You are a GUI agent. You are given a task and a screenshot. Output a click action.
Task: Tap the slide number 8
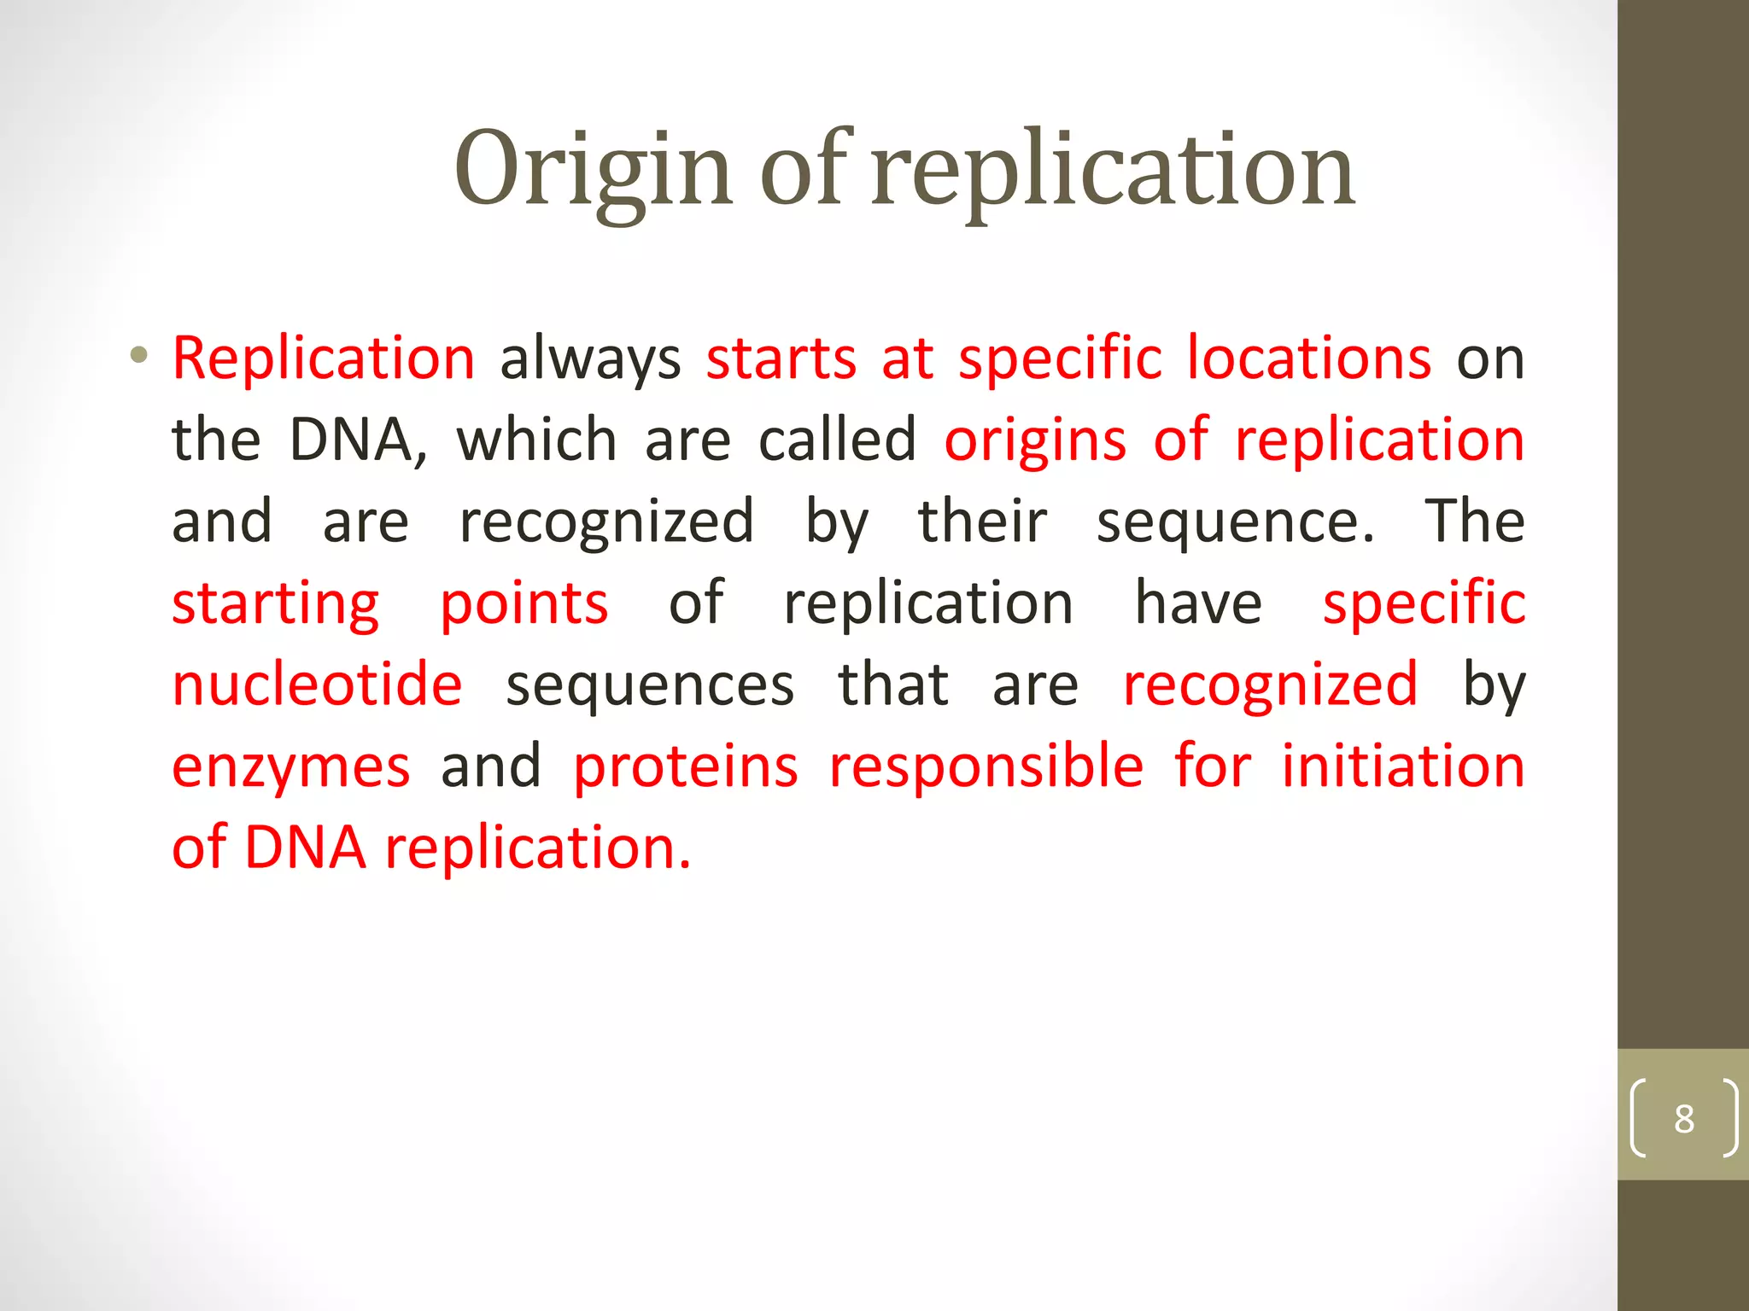[x=1683, y=1119]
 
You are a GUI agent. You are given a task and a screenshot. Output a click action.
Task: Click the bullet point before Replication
[x=139, y=355]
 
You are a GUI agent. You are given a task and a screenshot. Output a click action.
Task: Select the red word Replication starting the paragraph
[x=324, y=358]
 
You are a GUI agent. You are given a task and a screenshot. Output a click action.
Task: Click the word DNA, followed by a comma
[x=358, y=441]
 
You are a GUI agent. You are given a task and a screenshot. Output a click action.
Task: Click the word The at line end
[x=1474, y=521]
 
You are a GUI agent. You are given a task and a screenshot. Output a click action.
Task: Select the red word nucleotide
[x=317, y=685]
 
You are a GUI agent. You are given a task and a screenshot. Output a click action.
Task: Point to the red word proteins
[x=686, y=766]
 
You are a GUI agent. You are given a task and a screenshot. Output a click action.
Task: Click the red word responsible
[x=986, y=766]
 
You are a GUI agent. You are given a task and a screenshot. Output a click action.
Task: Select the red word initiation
[x=1403, y=766]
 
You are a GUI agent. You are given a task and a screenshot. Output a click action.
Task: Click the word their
[x=982, y=521]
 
